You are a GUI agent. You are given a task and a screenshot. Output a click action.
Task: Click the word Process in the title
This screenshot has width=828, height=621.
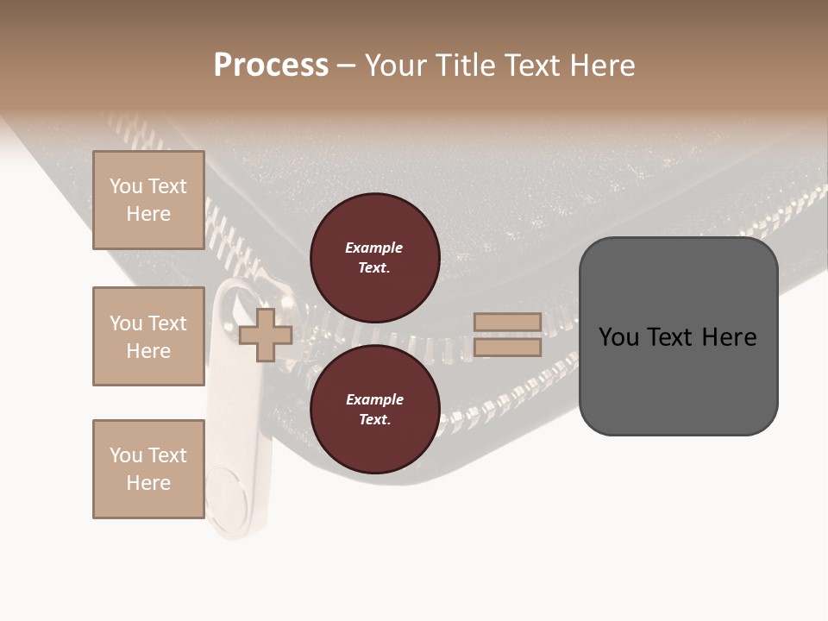coord(271,66)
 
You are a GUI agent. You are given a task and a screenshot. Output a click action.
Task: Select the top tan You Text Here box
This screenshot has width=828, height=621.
coord(148,200)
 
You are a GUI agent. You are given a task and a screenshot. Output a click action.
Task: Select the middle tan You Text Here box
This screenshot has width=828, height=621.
coord(148,336)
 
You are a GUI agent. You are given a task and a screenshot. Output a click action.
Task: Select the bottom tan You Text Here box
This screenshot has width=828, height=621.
coord(148,469)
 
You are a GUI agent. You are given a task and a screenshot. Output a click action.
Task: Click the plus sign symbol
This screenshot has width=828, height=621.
coord(266,335)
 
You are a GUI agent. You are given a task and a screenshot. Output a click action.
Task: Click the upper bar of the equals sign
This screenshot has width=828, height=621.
coord(507,322)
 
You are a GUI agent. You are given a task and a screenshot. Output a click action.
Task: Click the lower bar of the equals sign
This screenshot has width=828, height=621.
coord(507,347)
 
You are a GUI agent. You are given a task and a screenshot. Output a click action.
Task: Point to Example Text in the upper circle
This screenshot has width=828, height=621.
coord(374,258)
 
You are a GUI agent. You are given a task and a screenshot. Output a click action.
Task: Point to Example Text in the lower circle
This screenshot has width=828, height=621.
coord(374,410)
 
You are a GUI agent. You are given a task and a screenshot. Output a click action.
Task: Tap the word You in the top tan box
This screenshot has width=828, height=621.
coord(126,186)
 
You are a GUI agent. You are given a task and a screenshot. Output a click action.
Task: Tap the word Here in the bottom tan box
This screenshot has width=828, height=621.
coord(148,483)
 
